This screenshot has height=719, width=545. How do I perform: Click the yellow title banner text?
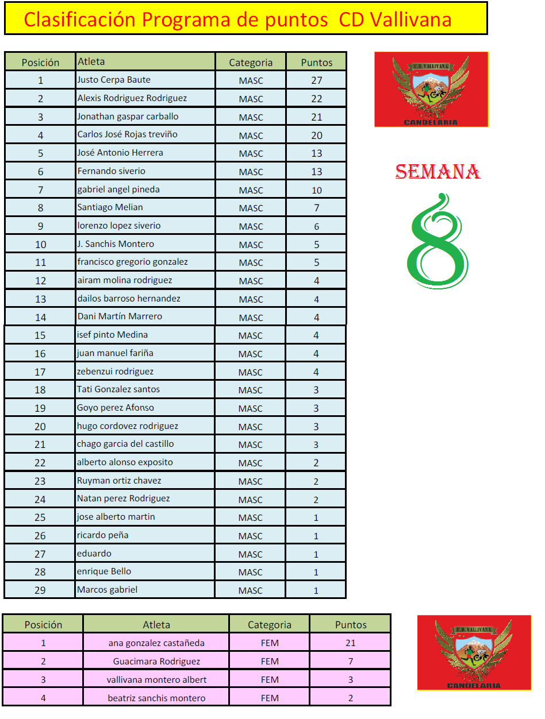[237, 20]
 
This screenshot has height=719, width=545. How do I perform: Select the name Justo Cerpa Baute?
[114, 80]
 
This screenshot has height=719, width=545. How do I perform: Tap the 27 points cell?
[317, 80]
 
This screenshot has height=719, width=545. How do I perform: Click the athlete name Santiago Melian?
[110, 207]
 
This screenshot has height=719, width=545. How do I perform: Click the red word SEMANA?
[437, 172]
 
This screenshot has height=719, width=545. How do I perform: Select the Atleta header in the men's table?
[91, 61]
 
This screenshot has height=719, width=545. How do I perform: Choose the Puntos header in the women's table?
[351, 625]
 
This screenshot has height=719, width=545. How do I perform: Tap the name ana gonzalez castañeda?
[156, 643]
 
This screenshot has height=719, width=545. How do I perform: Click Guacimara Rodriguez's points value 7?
[351, 662]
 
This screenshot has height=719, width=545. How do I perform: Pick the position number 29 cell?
[40, 590]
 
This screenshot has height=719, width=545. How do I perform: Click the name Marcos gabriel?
[108, 590]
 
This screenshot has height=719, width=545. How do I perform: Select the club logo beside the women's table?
[474, 652]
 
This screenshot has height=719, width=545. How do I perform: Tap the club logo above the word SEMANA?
[431, 90]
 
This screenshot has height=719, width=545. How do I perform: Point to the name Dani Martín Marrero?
[120, 316]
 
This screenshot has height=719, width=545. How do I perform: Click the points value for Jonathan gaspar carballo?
[317, 117]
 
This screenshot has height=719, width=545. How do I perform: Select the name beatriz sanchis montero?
[156, 698]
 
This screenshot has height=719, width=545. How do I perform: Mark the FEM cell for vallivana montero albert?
[270, 680]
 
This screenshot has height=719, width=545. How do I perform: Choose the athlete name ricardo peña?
[103, 535]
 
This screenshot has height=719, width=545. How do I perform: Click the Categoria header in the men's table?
[251, 63]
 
